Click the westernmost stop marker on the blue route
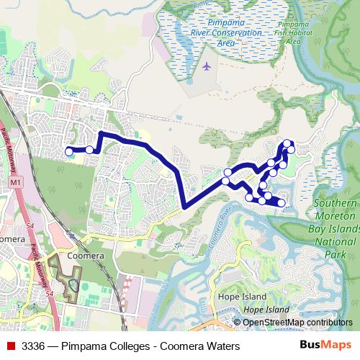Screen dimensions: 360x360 (x=69, y=151)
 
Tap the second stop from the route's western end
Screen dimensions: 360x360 (x=90, y=150)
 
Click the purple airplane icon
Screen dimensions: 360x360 (x=208, y=67)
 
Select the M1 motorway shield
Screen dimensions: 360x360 (x=17, y=184)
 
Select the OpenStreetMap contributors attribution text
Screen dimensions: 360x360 (x=296, y=323)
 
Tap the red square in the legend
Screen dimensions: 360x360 (x=10, y=346)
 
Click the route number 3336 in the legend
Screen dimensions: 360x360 (x=35, y=346)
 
